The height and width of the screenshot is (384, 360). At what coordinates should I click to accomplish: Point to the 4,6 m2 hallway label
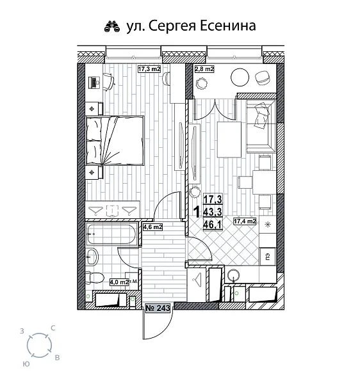pyautogui.click(x=152, y=227)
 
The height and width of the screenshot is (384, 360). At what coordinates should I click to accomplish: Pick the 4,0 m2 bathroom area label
pyautogui.click(x=119, y=281)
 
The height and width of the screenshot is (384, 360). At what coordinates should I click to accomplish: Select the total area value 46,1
pyautogui.click(x=212, y=225)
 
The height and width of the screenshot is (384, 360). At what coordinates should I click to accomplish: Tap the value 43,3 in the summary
pyautogui.click(x=212, y=212)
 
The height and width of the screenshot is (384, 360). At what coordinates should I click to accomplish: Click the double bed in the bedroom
pyautogui.click(x=115, y=139)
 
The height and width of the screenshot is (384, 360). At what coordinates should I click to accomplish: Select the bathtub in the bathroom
pyautogui.click(x=112, y=234)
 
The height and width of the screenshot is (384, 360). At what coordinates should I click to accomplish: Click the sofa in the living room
pyautogui.click(x=259, y=122)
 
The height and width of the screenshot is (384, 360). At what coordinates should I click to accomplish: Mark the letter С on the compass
pyautogui.click(x=53, y=328)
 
